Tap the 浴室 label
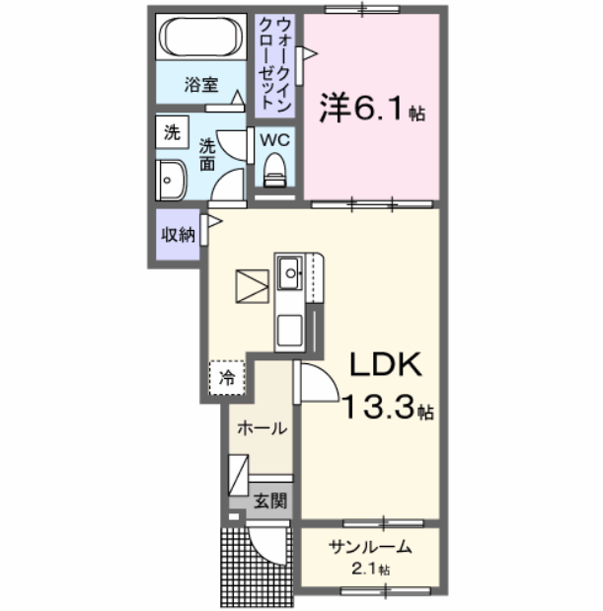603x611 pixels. pos(201,85)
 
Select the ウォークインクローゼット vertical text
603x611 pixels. pos(276,64)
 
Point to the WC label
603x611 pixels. pos(273,139)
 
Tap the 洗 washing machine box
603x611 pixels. pos(172,131)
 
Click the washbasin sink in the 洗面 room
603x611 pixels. pos(170,181)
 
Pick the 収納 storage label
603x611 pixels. pos(178,235)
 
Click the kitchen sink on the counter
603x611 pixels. pos(291,270)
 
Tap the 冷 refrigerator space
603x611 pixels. pos(227,377)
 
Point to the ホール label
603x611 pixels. pos(263,428)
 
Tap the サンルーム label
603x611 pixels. pos(370,548)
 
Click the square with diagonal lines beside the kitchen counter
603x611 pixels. pos(252,286)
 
